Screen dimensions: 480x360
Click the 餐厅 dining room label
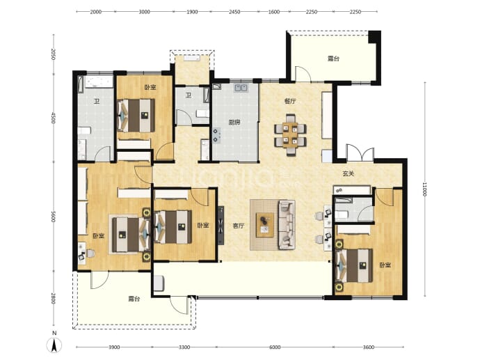coord(290,101)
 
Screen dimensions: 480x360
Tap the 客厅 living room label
coord(239,226)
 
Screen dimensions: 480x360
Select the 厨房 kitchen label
coord(234,123)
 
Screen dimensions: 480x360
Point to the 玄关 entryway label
coord(348,173)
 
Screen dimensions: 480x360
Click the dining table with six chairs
coord(290,134)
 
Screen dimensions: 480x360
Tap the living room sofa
coord(287,225)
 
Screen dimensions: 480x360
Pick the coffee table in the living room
coord(265,225)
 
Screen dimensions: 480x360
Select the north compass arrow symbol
coord(54,345)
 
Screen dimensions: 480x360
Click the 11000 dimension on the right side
coord(424,189)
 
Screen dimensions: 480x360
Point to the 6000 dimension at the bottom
coord(275,347)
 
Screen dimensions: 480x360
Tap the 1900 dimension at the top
coord(192,12)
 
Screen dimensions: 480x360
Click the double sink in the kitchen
coord(241,88)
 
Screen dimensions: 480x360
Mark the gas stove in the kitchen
coord(217,136)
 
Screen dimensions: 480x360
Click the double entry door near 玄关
coord(360,153)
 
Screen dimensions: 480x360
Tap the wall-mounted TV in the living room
coord(221,225)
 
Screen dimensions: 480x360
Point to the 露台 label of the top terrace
coord(333,58)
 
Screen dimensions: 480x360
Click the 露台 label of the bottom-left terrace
coord(134,299)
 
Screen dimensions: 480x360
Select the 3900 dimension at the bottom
coord(114,347)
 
